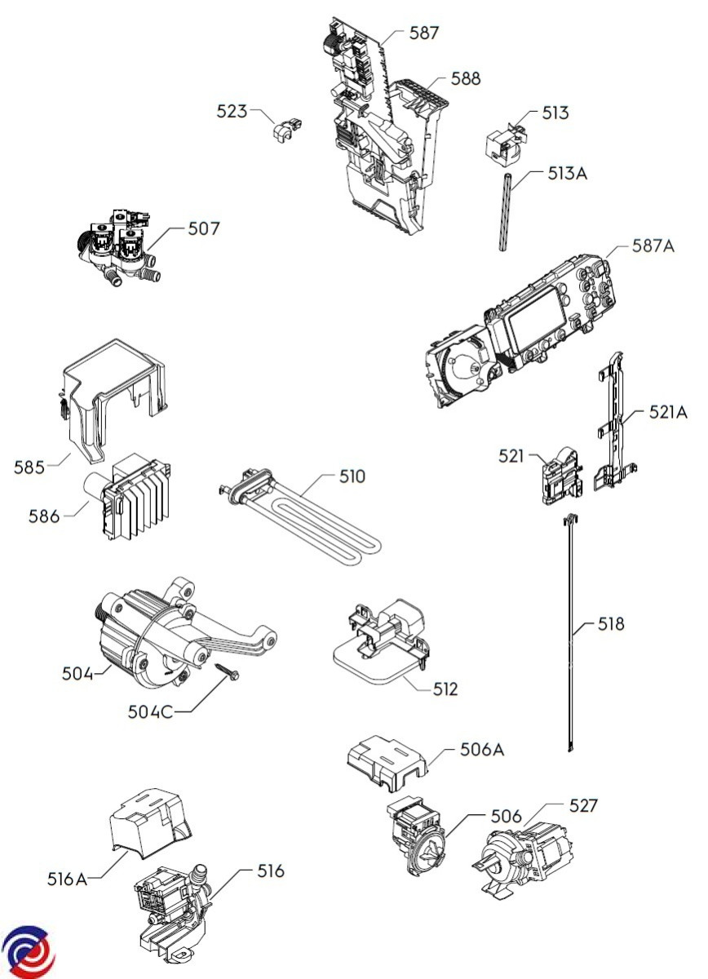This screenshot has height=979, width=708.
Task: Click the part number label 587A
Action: [653, 246]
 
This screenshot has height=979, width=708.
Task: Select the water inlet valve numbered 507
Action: [117, 248]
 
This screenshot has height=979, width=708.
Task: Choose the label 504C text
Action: [150, 711]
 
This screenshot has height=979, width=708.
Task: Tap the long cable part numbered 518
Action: [569, 636]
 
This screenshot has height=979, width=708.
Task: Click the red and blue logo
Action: [26, 953]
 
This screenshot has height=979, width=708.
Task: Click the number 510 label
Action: [352, 476]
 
